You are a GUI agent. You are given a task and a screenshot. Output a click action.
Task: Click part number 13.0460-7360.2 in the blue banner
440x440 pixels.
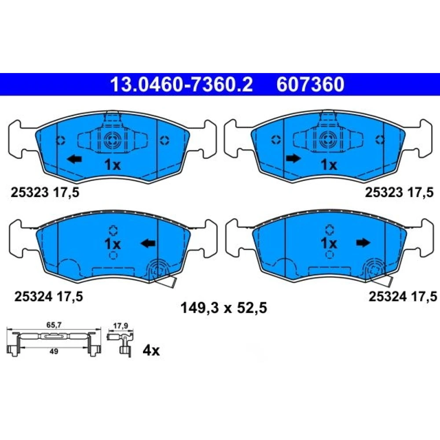(182, 84)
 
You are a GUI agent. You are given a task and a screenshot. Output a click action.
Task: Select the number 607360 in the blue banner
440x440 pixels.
(310, 84)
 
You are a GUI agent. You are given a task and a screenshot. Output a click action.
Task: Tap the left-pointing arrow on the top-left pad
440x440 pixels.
(74, 159)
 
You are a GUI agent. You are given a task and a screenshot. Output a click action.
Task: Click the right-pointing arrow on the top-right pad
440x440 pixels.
(293, 158)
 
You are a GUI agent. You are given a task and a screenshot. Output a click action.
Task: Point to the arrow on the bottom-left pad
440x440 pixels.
(148, 243)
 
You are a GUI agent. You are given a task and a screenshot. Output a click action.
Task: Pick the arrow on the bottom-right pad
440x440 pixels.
(363, 243)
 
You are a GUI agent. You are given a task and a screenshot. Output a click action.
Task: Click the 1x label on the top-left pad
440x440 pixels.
(113, 165)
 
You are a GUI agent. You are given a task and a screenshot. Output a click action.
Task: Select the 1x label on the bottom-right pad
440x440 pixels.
(329, 243)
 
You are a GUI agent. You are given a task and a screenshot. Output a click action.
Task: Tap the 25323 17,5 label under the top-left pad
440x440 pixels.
(45, 193)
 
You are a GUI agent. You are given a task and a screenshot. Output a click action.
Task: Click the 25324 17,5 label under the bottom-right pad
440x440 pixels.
(403, 296)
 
